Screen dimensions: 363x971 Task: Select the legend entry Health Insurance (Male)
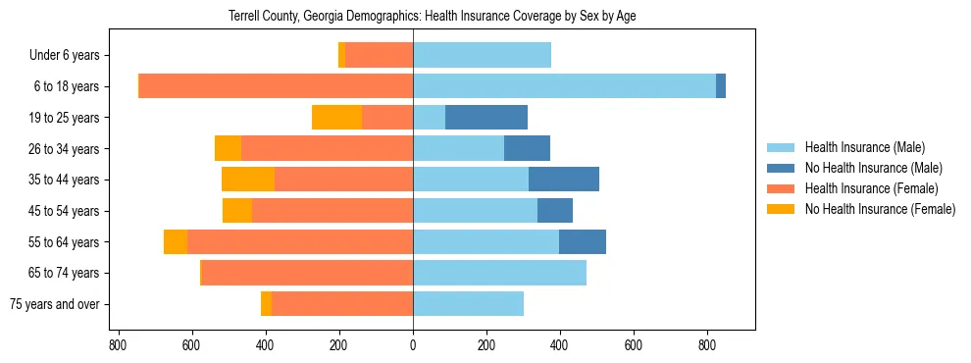click(864, 147)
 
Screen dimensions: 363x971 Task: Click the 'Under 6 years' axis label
click(70, 56)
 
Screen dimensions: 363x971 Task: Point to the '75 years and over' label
click(54, 304)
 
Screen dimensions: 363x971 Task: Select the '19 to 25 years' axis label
click(66, 118)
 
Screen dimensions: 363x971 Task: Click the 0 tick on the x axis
click(413, 345)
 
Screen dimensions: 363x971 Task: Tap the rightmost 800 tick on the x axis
click(707, 345)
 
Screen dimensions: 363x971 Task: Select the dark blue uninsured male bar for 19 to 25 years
click(486, 118)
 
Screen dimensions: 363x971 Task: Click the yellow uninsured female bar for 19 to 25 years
click(337, 118)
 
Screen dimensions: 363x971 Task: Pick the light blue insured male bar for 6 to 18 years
click(564, 86)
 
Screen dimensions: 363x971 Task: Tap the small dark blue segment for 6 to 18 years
click(721, 86)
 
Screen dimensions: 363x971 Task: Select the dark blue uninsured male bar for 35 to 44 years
click(564, 180)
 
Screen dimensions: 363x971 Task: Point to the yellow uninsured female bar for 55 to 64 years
click(176, 242)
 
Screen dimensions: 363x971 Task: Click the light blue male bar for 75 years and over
click(468, 304)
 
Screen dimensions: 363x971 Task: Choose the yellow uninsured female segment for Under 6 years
click(341, 56)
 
